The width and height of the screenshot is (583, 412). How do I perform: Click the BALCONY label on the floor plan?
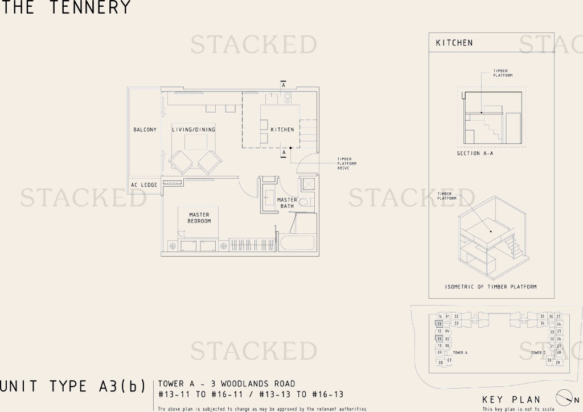pyautogui.click(x=145, y=130)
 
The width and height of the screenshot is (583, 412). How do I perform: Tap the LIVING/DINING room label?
pyautogui.click(x=194, y=130)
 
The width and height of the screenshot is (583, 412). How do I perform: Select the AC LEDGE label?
pyautogui.click(x=144, y=185)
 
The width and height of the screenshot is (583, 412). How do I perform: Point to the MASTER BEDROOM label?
pyautogui.click(x=199, y=218)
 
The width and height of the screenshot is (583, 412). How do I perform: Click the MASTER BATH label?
pyautogui.click(x=287, y=203)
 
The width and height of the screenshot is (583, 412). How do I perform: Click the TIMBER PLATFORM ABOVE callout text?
pyautogui.click(x=347, y=164)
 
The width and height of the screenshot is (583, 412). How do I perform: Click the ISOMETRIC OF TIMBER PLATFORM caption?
pyautogui.click(x=491, y=287)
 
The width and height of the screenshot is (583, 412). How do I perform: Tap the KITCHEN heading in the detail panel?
pyautogui.click(x=454, y=43)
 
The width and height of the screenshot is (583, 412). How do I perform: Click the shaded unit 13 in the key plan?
pyautogui.click(x=440, y=324)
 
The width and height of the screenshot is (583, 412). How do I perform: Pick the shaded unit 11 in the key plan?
pyautogui.click(x=440, y=339)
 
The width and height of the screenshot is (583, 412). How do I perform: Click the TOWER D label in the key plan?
pyautogui.click(x=538, y=353)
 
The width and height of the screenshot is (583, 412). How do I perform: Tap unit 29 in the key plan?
pyautogui.click(x=558, y=362)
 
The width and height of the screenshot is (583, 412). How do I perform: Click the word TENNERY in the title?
pyautogui.click(x=90, y=7)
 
